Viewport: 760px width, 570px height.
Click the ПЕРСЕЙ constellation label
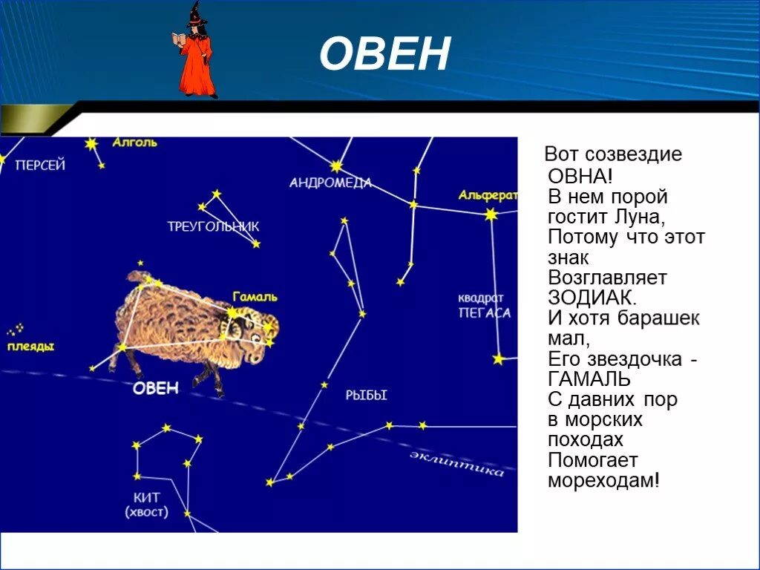click(x=41, y=166)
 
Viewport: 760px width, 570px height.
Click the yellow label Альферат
click(x=488, y=195)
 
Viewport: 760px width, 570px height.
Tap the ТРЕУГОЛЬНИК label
click(x=214, y=227)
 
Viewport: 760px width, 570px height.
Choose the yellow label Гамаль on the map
click(x=255, y=297)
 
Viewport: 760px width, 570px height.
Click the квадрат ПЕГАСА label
click(x=484, y=306)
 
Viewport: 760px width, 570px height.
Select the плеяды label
click(x=30, y=347)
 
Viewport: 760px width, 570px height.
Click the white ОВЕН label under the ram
click(x=156, y=388)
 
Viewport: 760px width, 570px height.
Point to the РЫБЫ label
click(x=367, y=396)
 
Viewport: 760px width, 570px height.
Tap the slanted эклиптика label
click(x=456, y=463)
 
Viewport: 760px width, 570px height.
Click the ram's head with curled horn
click(x=258, y=334)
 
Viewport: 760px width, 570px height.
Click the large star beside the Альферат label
click(x=491, y=214)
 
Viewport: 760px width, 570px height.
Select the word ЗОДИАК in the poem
click(x=592, y=298)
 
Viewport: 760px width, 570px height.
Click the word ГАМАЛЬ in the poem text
click(x=589, y=379)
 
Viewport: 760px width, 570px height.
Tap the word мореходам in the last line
click(x=603, y=480)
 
